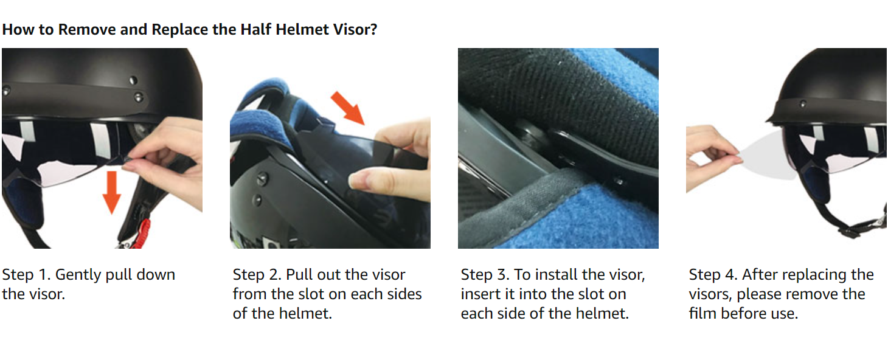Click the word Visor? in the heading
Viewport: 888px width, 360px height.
pyautogui.click(x=355, y=29)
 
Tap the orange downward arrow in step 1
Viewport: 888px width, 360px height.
pyautogui.click(x=111, y=193)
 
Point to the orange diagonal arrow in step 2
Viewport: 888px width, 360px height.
pyautogui.click(x=348, y=108)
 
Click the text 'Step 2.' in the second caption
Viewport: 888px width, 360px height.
pyautogui.click(x=257, y=274)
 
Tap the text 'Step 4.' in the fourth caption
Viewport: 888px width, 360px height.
pyautogui.click(x=713, y=274)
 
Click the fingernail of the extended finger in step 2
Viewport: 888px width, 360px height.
pyautogui.click(x=358, y=182)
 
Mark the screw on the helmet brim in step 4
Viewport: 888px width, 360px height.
pyautogui.click(x=803, y=104)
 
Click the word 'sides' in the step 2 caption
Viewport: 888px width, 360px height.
pyautogui.click(x=404, y=294)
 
